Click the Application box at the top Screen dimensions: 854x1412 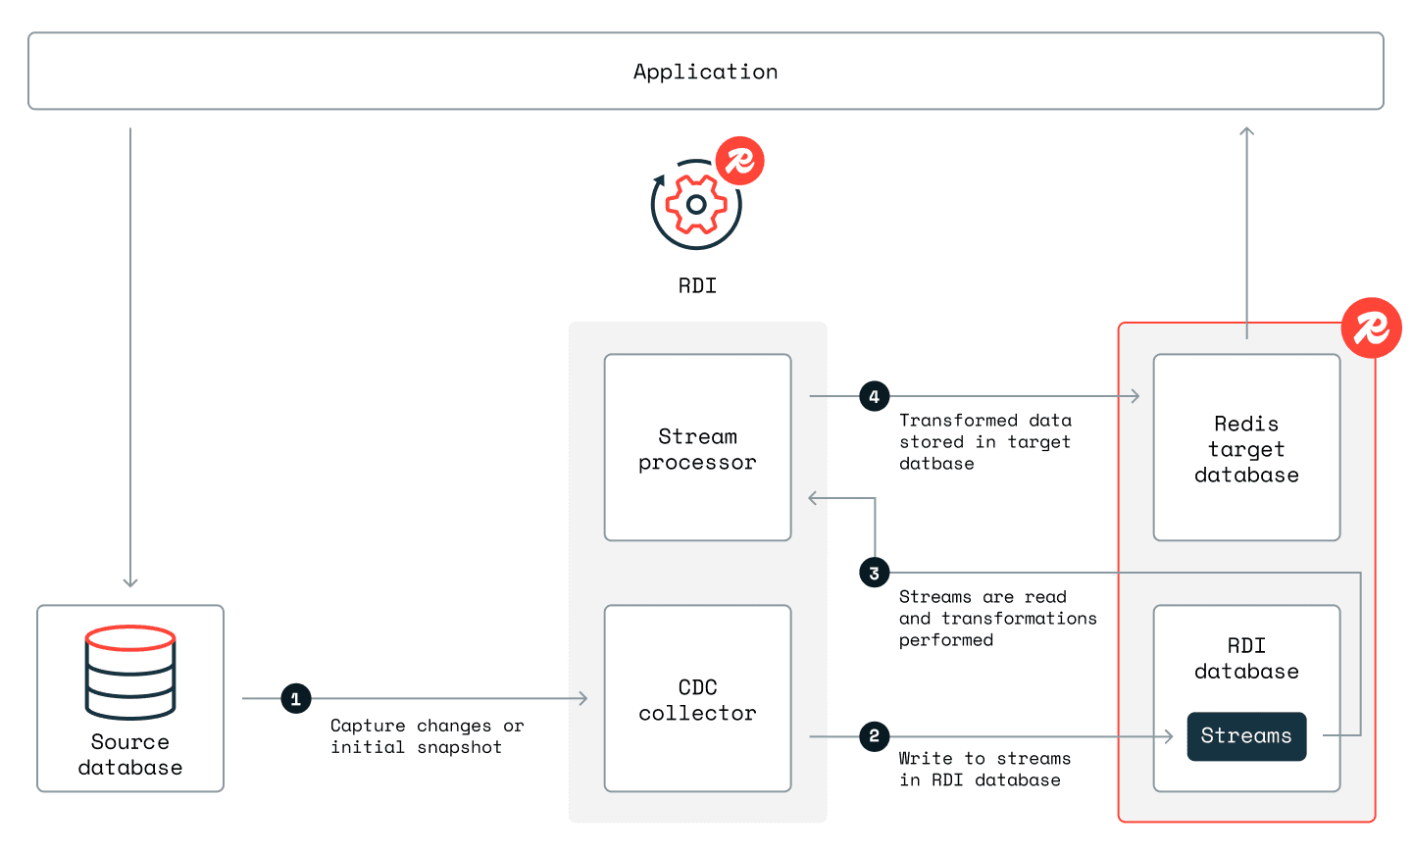coord(705,72)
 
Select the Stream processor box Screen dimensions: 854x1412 coord(697,448)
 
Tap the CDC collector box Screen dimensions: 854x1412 coord(697,699)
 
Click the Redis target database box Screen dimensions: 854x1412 coord(1246,448)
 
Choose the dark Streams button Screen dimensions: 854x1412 coord(1246,736)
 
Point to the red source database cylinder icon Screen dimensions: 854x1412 coord(130,672)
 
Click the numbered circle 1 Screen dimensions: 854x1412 coord(296,699)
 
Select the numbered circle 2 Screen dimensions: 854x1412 coord(874,736)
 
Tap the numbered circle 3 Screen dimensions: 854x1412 coord(874,573)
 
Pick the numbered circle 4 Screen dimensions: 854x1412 coord(874,396)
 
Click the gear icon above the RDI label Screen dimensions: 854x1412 coord(696,205)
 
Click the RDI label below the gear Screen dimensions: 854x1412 coord(697,286)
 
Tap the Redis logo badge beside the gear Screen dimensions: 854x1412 coord(739,161)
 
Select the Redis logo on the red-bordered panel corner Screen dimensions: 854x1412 coord(1371,327)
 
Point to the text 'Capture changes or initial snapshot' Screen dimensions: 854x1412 coord(427,736)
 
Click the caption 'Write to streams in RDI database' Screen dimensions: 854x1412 coord(983,770)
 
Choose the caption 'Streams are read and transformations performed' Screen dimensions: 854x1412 coord(997,619)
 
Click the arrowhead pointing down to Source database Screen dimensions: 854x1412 coord(130,582)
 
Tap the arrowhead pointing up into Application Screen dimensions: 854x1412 coord(1246,131)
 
